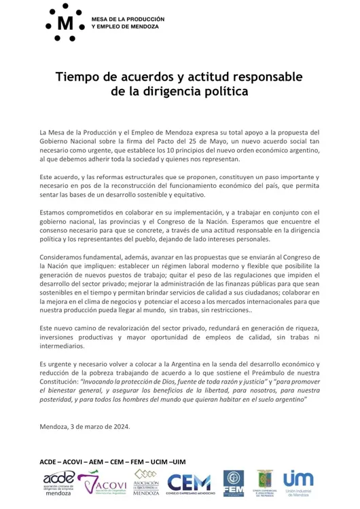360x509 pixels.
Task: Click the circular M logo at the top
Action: click(x=65, y=22)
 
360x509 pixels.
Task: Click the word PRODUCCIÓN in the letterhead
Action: click(x=144, y=18)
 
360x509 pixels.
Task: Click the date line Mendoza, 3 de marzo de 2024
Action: click(x=85, y=426)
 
